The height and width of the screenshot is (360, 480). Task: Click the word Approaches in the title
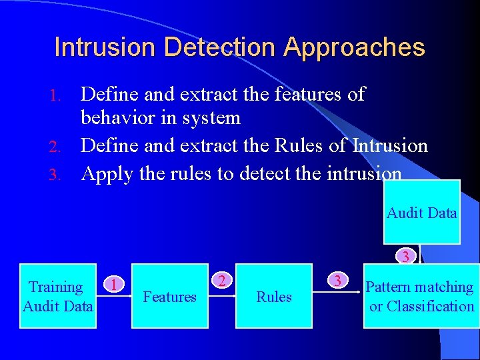click(354, 48)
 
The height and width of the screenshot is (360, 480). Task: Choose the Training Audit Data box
click(57, 296)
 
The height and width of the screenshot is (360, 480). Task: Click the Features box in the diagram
click(169, 296)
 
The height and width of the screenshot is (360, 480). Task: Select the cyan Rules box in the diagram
click(274, 296)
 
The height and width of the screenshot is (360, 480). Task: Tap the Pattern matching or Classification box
click(421, 296)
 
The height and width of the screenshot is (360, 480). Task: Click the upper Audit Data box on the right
click(421, 213)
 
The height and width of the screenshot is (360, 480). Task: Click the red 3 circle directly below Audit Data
click(405, 255)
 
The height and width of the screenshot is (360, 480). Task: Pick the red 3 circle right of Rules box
click(337, 281)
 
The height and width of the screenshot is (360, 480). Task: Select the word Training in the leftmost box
click(56, 287)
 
